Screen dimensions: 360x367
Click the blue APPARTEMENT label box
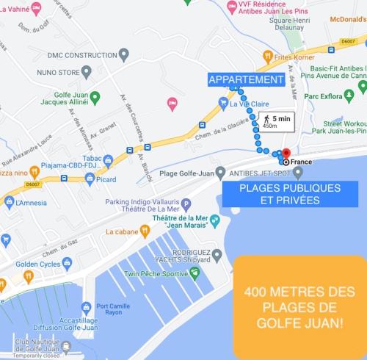245,79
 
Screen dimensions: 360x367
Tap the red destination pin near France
287,154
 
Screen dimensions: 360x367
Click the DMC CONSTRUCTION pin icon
123,54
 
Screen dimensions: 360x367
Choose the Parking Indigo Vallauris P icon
186,204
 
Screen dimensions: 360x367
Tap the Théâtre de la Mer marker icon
214,220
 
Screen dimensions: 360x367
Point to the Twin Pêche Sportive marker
195,272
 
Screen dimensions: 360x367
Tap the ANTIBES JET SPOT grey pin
298,173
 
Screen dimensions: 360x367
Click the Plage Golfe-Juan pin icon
220,173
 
